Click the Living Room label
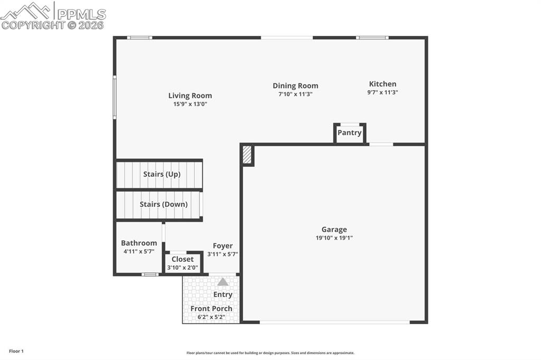tap(190, 96)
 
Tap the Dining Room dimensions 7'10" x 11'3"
tap(295, 94)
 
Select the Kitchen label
tap(383, 84)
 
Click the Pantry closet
tap(349, 132)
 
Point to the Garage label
tap(334, 230)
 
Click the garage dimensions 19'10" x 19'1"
tap(334, 238)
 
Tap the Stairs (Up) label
tap(162, 174)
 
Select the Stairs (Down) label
tap(163, 204)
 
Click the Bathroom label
tap(139, 243)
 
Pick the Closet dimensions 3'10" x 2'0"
tap(183, 268)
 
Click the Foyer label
tap(222, 246)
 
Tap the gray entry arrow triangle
tap(223, 282)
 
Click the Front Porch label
tap(211, 309)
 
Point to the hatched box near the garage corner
tap(247, 155)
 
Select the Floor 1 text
tap(16, 351)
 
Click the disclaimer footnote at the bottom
tap(270, 353)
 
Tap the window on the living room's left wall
tap(115, 97)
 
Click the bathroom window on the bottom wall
tap(150, 274)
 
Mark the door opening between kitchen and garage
tap(381, 144)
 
